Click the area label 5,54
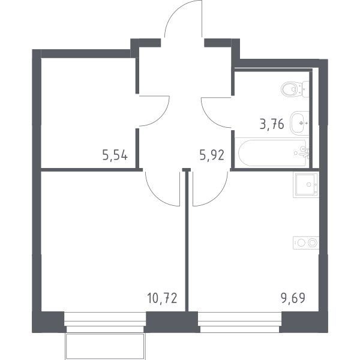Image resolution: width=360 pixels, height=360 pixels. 115,156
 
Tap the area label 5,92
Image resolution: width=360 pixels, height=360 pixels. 212,155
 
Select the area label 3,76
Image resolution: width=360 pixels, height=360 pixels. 272,124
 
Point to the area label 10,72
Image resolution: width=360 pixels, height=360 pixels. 162,298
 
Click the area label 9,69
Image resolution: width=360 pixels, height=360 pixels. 293,298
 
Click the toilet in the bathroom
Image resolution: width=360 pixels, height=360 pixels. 295,89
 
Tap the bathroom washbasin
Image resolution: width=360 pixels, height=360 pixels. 299,123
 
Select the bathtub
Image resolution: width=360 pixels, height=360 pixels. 272,152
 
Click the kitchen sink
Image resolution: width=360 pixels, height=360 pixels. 306,185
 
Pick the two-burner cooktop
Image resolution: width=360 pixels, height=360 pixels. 306,242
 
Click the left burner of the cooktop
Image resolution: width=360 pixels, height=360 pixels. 301,242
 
